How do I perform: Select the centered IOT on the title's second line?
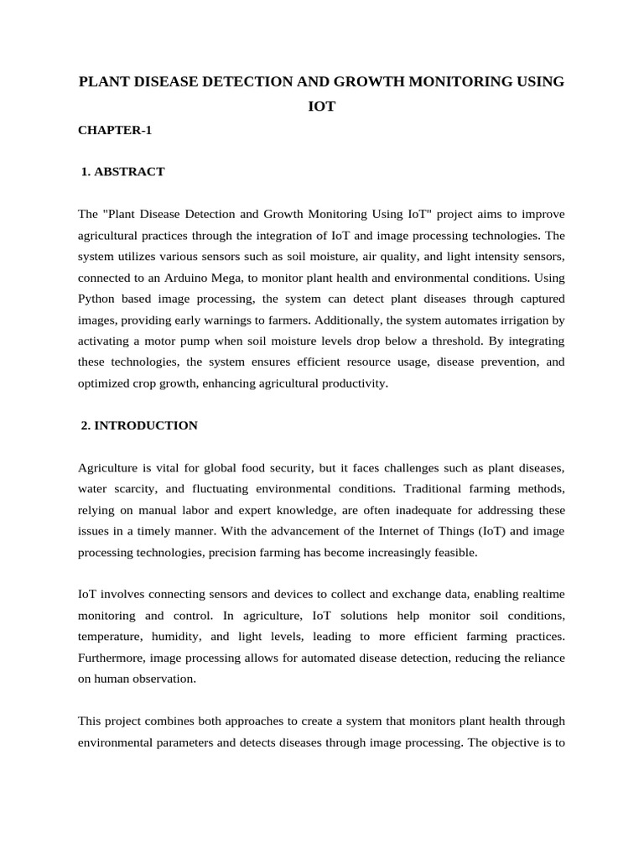(321, 107)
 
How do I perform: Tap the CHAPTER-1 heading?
(115, 130)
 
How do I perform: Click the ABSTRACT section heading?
(129, 172)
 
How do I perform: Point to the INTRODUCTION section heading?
(146, 425)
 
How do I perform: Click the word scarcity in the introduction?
(135, 488)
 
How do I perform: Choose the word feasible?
(453, 552)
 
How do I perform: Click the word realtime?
(543, 594)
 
